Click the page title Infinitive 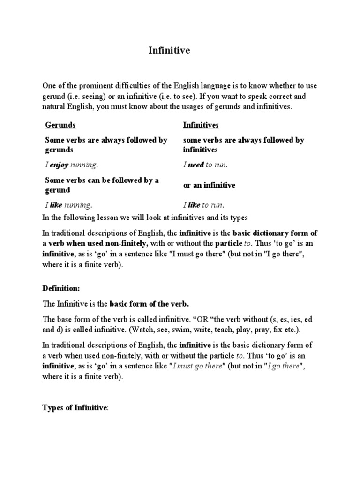pos(170,51)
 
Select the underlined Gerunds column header pos(60,125)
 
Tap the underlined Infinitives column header pos(200,125)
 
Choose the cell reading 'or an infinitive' pos(209,185)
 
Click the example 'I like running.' pos(68,205)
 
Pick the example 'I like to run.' pos(204,205)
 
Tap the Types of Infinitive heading pos(75,408)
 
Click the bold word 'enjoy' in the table pos(59,165)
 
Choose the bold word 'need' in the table pos(195,165)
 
